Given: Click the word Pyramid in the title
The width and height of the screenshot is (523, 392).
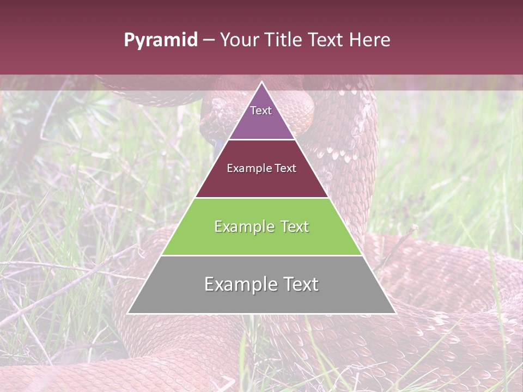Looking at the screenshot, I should (160, 40).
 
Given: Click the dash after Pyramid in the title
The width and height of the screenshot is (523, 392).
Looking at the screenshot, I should (209, 40).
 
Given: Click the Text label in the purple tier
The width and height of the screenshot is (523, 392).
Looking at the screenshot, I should (261, 111).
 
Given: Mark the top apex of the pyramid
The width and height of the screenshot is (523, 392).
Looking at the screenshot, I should (261, 83).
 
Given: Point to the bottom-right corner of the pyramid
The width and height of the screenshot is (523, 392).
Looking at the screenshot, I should (395, 313).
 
